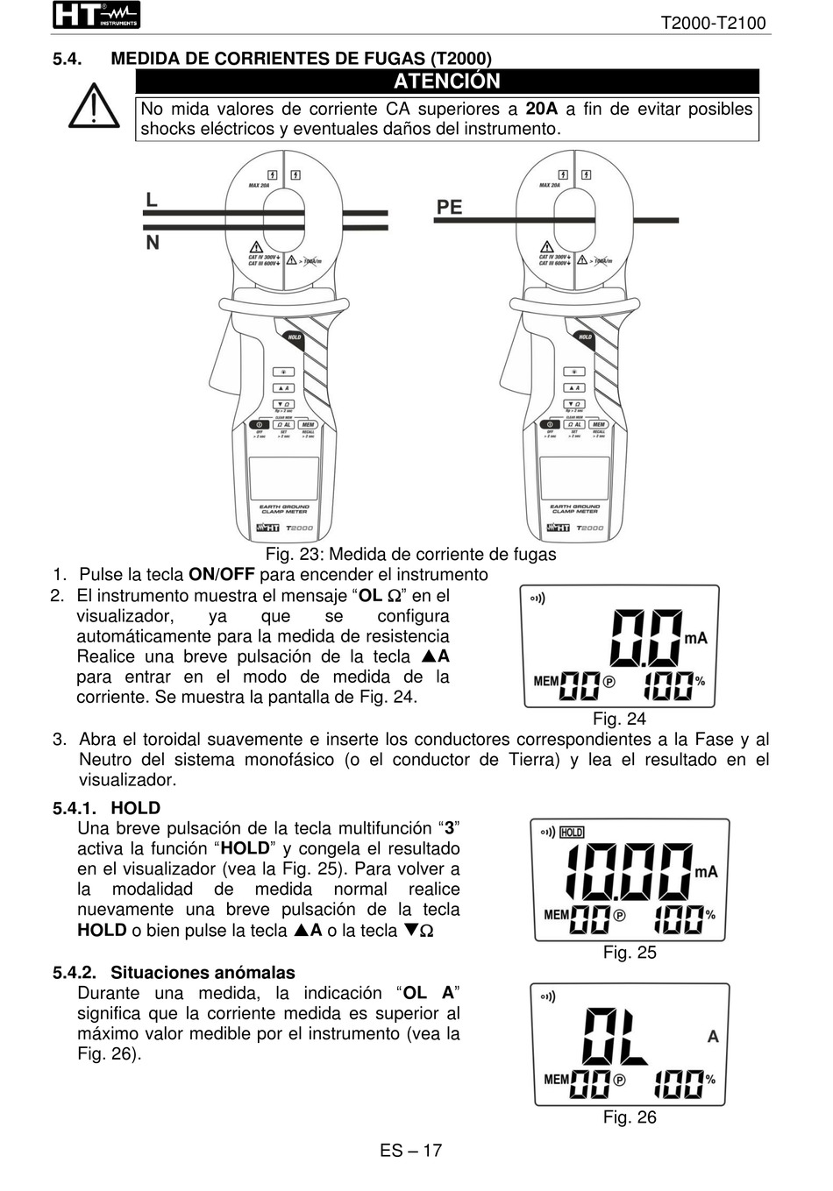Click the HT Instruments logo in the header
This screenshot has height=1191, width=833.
[x=96, y=15]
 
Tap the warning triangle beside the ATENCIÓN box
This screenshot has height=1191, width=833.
[x=94, y=107]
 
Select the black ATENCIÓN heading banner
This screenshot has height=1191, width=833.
[x=446, y=82]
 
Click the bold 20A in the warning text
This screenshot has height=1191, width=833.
[x=541, y=109]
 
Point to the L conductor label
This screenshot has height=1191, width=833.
[x=152, y=200]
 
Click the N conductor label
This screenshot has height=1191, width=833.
[x=153, y=242]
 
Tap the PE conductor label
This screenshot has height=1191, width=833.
[x=449, y=207]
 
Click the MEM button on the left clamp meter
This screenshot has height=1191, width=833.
[x=308, y=425]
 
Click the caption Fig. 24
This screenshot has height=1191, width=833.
[x=619, y=720]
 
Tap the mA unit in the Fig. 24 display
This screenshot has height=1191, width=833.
[x=695, y=638]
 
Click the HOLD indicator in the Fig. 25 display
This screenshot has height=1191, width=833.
[x=572, y=832]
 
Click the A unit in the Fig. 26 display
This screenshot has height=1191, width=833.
[x=713, y=1037]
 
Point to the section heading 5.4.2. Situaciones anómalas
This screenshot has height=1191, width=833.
[x=174, y=972]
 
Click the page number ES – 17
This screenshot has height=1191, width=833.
[x=410, y=1151]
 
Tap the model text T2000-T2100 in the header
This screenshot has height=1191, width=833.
[x=713, y=23]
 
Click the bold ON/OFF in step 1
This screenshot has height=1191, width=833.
[x=222, y=575]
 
